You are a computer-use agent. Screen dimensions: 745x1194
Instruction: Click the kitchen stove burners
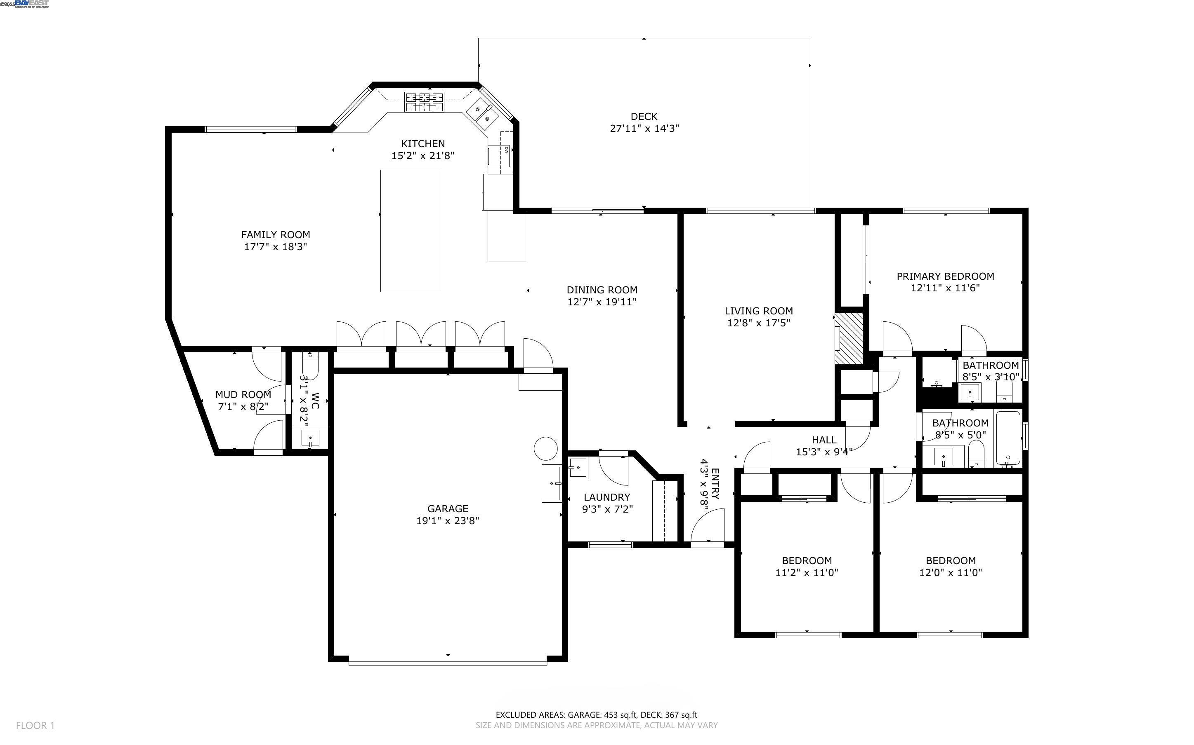(x=424, y=102)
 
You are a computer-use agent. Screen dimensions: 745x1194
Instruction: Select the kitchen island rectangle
(x=411, y=231)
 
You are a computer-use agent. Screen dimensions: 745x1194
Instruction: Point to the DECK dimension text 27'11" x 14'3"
(x=644, y=129)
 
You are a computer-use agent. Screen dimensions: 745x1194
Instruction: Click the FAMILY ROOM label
(x=275, y=235)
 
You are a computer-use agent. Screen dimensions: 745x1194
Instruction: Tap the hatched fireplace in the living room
(x=848, y=338)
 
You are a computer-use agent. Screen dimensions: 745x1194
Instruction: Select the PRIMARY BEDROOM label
(x=945, y=276)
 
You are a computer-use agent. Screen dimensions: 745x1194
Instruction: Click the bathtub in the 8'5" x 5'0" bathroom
(x=1008, y=438)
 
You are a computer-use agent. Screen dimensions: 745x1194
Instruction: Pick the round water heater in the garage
(x=545, y=449)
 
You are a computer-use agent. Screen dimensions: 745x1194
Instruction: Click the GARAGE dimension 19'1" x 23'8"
(x=447, y=521)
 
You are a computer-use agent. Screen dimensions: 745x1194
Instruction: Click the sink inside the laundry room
(x=578, y=468)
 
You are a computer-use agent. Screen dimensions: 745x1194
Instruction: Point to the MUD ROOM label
(x=243, y=395)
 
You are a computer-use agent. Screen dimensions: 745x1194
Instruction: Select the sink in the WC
(x=310, y=438)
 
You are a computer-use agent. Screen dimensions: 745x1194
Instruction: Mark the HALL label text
(x=824, y=440)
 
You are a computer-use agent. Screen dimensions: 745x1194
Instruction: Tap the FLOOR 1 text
(x=35, y=725)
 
